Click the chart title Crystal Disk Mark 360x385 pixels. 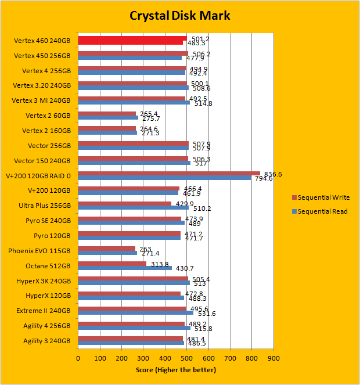[179, 15]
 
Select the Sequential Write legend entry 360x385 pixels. [325, 197]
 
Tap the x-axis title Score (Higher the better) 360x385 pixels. [175, 370]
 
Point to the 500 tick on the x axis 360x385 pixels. [187, 358]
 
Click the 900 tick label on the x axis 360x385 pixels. [273, 358]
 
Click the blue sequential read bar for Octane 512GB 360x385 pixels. [125, 268]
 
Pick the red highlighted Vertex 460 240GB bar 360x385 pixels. [132, 39]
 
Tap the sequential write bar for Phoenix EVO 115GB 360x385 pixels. [107, 249]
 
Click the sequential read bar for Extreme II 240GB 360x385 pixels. [136, 313]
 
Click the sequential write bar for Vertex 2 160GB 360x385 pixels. [107, 128]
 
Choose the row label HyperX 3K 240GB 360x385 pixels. [44, 280]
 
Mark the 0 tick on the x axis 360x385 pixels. [78, 358]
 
